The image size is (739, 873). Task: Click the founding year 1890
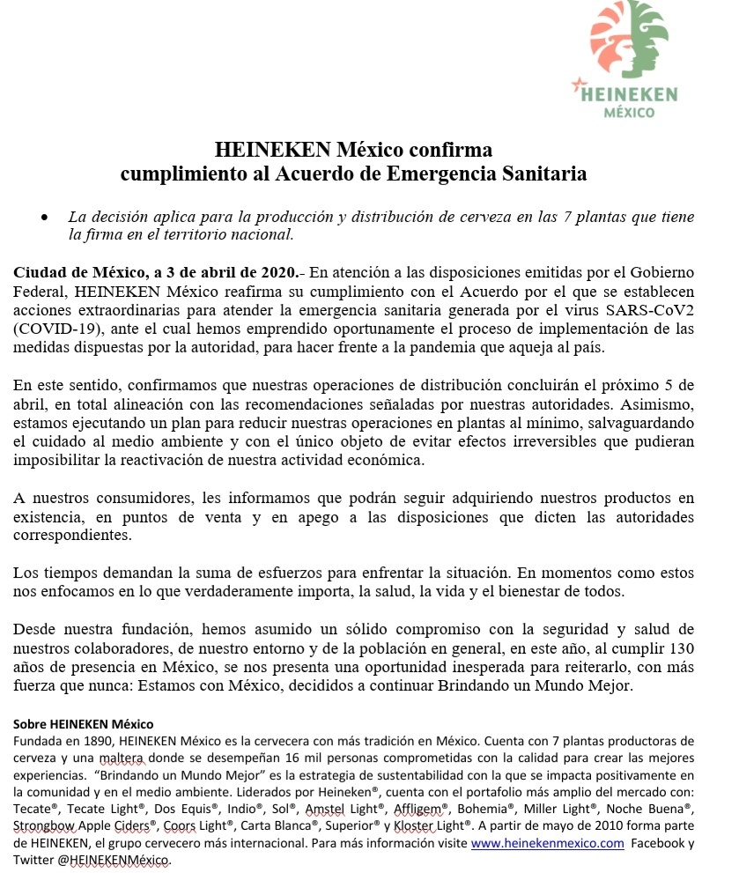click(x=99, y=741)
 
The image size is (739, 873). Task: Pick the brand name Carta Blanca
click(x=270, y=825)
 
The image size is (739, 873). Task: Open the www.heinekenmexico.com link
click(x=548, y=843)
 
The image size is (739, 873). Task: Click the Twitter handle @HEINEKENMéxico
click(x=115, y=860)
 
